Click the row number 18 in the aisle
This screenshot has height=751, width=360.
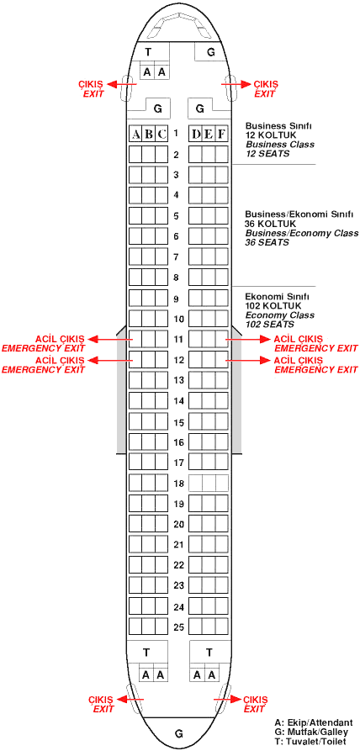pyautogui.click(x=178, y=484)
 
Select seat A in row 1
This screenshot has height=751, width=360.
pyautogui.click(x=135, y=134)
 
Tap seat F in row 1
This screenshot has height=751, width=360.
pyautogui.click(x=221, y=134)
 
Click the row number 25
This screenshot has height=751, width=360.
pyautogui.click(x=178, y=627)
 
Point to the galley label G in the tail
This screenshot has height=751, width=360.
pyautogui.click(x=178, y=733)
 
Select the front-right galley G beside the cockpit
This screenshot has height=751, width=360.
pyautogui.click(x=210, y=53)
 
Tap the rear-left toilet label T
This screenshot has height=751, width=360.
pyautogui.click(x=146, y=652)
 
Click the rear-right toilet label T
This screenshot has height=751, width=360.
pyautogui.click(x=209, y=652)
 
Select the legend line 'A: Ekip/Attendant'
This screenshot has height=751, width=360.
pyautogui.click(x=314, y=722)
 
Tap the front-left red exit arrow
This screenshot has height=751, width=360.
pyautogui.click(x=121, y=84)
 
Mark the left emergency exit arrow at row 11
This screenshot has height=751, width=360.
pyautogui.click(x=111, y=340)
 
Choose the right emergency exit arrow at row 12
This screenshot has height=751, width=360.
pyautogui.click(x=249, y=360)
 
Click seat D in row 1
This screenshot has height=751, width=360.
pyautogui.click(x=195, y=134)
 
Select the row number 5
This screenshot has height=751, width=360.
pyautogui.click(x=176, y=216)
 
